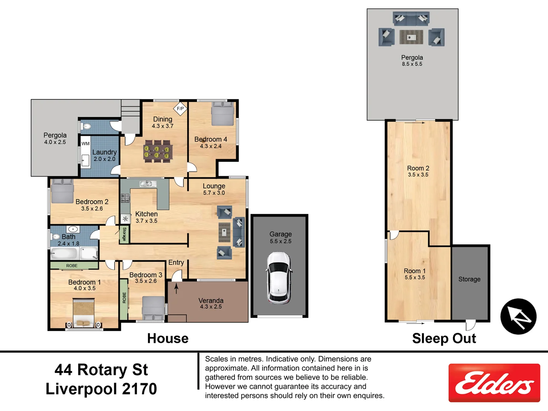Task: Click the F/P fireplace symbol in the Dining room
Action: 180,108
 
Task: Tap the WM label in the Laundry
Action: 86,143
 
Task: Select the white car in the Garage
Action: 279,278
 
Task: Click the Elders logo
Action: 494,382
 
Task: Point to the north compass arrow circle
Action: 518,316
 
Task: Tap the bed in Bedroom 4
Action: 223,113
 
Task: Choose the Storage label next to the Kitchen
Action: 124,234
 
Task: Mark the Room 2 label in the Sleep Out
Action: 418,168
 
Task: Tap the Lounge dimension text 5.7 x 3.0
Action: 214,193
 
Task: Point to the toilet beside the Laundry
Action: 86,126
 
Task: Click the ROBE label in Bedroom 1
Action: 72,266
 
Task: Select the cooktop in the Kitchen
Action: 125,198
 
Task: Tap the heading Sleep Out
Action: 444,338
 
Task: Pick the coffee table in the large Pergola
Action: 411,37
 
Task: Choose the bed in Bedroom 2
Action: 62,191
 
